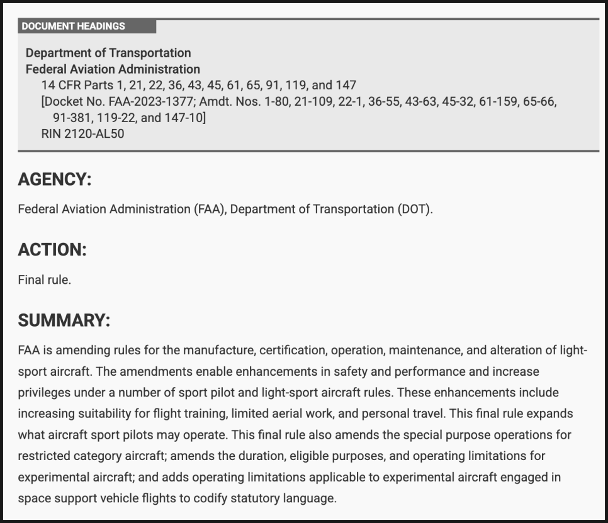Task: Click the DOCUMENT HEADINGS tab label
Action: pyautogui.click(x=74, y=26)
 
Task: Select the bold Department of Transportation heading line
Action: pyautogui.click(x=108, y=53)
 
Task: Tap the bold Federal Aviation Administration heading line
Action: pyautogui.click(x=113, y=69)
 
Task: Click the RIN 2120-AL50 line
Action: pyautogui.click(x=82, y=134)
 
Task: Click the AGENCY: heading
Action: pyautogui.click(x=55, y=179)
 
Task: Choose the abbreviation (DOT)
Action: pyautogui.click(x=415, y=210)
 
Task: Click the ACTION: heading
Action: pyautogui.click(x=52, y=250)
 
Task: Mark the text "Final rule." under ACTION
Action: pyautogui.click(x=44, y=280)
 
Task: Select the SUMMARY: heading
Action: pyautogui.click(x=64, y=320)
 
